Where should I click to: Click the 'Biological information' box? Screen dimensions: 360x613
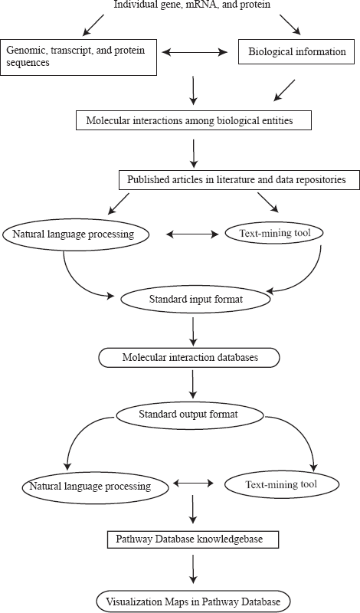pyautogui.click(x=296, y=51)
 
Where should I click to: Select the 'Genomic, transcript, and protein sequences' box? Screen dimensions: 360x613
pyautogui.click(x=79, y=57)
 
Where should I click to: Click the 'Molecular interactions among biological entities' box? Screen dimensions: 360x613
pyautogui.click(x=194, y=120)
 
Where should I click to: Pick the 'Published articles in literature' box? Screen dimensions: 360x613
pyautogui.click(x=239, y=180)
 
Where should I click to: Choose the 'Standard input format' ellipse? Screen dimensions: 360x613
pyautogui.click(x=196, y=300)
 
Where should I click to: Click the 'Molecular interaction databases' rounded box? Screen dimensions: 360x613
pyautogui.click(x=189, y=357)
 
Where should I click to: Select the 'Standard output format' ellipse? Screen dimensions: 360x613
pyautogui.click(x=190, y=415)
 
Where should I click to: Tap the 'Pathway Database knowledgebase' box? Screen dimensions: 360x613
pyautogui.click(x=193, y=539)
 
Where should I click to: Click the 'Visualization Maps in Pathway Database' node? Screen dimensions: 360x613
pyautogui.click(x=194, y=601)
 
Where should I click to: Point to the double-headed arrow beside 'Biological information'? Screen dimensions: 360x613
pyautogui.click(x=195, y=52)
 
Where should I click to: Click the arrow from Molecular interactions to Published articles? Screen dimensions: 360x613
pyautogui.click(x=194, y=152)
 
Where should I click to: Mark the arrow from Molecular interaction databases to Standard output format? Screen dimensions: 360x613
pyautogui.click(x=193, y=384)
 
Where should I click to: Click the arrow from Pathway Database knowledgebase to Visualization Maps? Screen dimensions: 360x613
pyautogui.click(x=193, y=569)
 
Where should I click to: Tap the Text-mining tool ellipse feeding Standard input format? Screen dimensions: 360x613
pyautogui.click(x=275, y=234)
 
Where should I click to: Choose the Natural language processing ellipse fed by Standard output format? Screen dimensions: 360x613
pyautogui.click(x=96, y=487)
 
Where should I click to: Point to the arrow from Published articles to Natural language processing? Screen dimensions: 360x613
pyautogui.click(x=118, y=203)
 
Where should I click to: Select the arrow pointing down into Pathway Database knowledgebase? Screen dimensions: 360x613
pyautogui.click(x=193, y=510)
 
